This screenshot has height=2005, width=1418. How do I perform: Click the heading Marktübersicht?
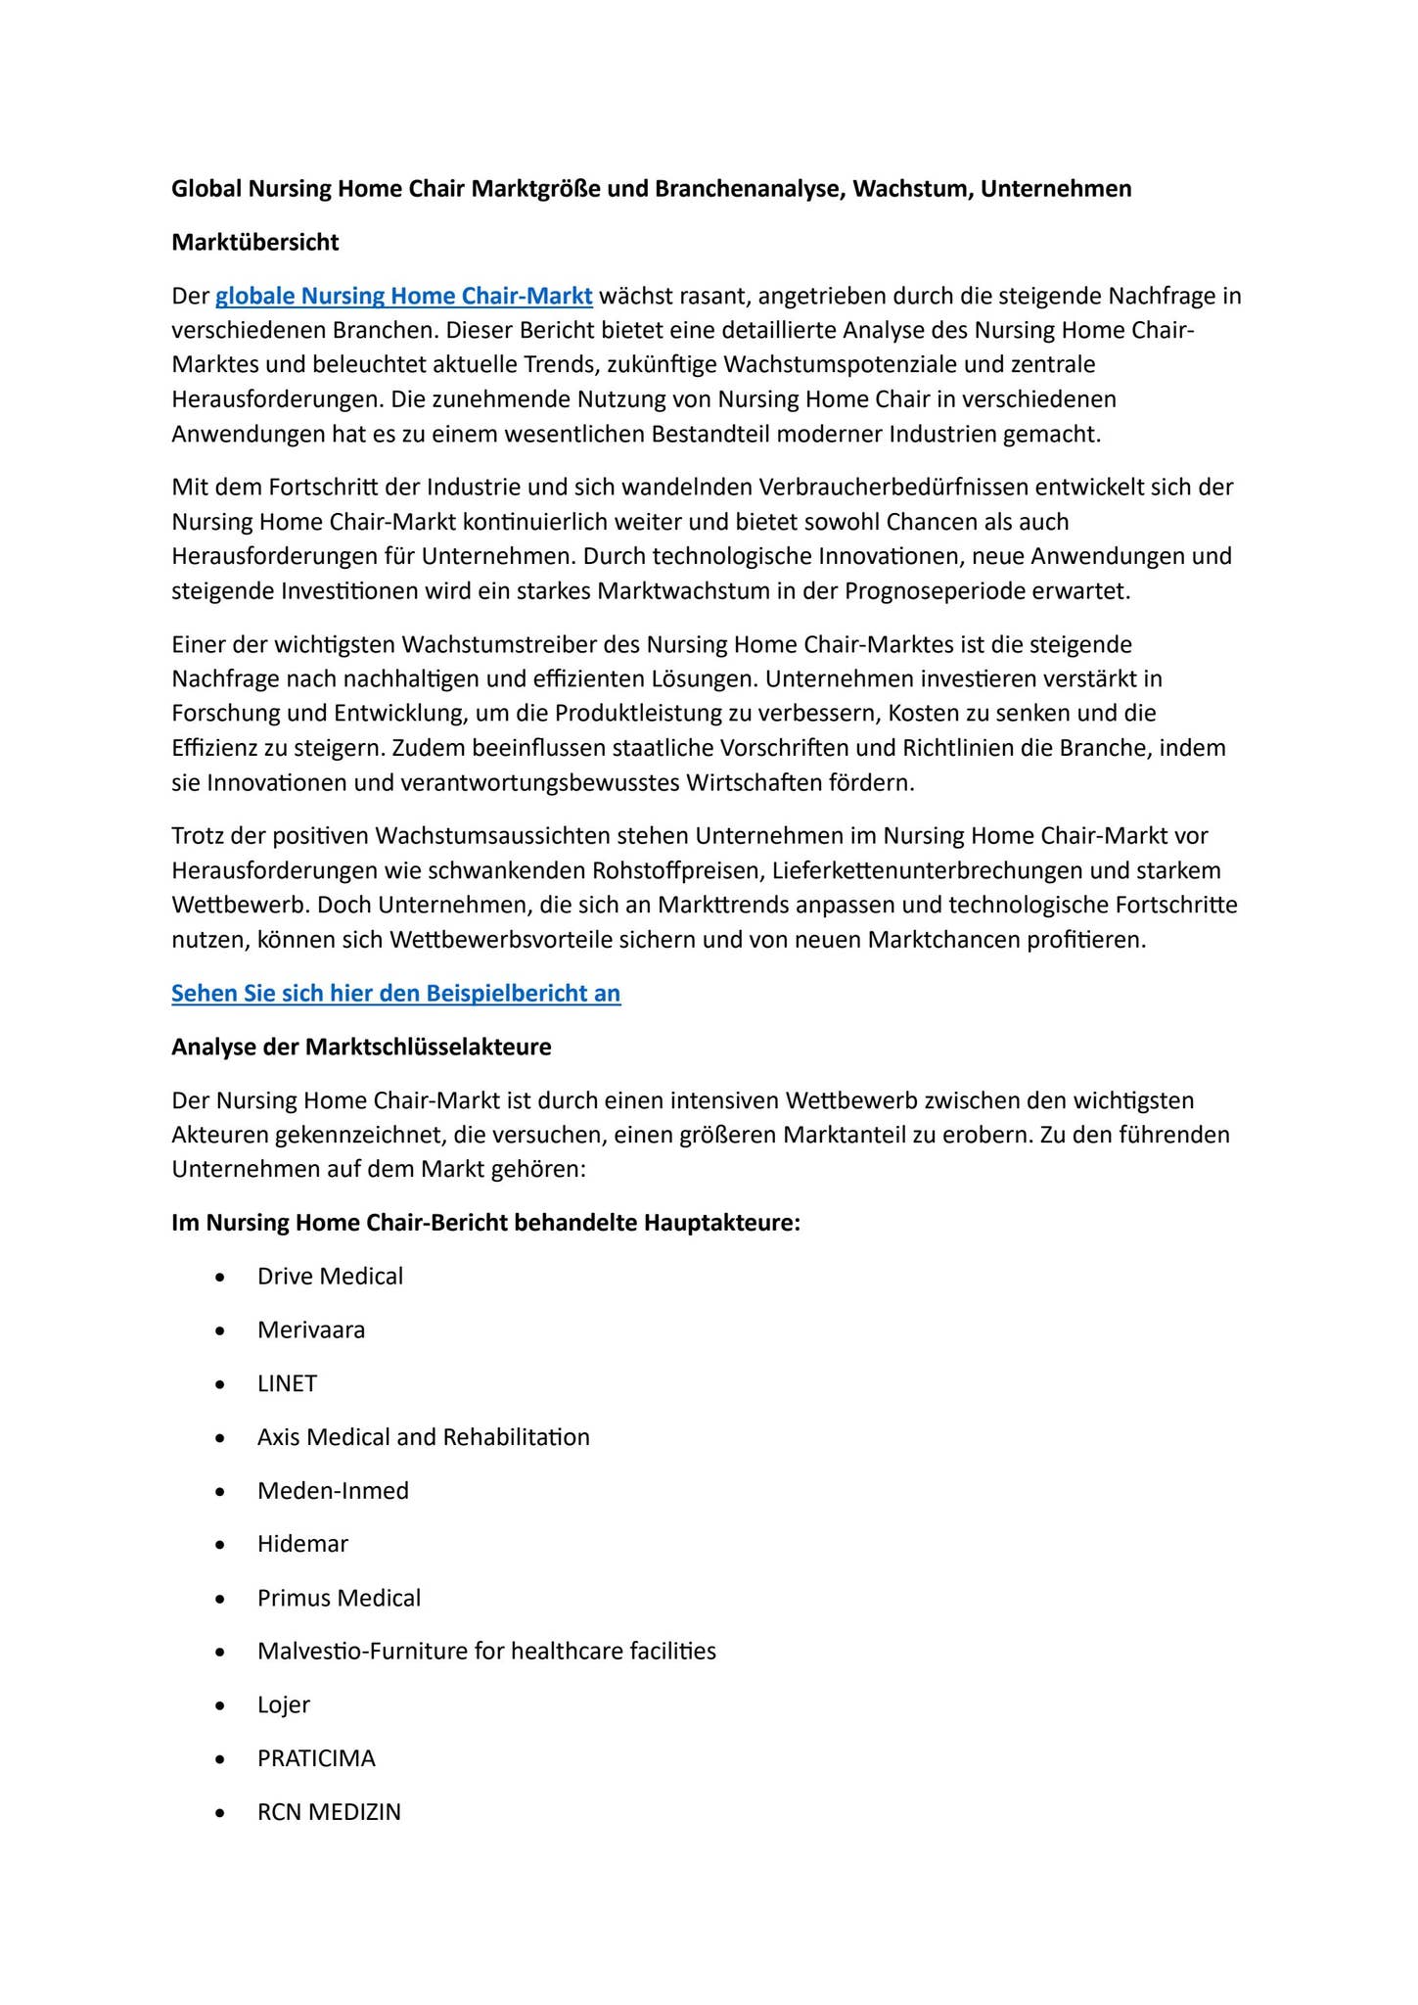tap(254, 242)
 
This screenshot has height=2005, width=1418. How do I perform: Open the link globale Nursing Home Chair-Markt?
tap(403, 296)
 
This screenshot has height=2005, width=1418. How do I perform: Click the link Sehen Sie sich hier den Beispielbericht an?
tap(395, 993)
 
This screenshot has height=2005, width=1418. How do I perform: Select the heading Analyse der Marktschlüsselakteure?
tap(361, 1047)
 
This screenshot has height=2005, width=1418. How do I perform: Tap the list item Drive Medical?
tap(330, 1276)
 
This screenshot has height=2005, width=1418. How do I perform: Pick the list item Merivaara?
tap(310, 1329)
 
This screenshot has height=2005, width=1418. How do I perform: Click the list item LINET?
tap(287, 1383)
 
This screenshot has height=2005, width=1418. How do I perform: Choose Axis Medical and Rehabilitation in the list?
tap(423, 1436)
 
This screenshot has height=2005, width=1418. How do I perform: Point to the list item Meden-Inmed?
tap(333, 1490)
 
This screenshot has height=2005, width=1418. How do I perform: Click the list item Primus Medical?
tap(339, 1598)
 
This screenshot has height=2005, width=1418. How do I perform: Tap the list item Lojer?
tap(283, 1704)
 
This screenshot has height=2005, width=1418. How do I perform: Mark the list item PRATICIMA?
tap(316, 1758)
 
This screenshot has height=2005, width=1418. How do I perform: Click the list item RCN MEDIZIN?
tap(329, 1811)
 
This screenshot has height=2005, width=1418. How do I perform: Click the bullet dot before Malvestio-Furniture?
tap(221, 1653)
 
